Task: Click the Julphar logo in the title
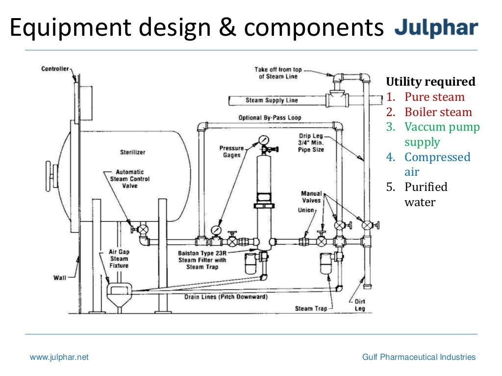pyautogui.click(x=436, y=28)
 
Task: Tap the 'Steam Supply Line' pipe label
pyautogui.click(x=272, y=100)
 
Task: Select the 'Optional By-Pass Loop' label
pyautogui.click(x=270, y=118)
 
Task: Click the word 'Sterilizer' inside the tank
pyautogui.click(x=133, y=152)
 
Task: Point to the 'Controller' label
pyautogui.click(x=55, y=69)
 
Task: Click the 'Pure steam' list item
pyautogui.click(x=434, y=97)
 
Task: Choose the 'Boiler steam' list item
pyautogui.click(x=438, y=112)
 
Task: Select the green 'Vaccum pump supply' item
pyautogui.click(x=442, y=135)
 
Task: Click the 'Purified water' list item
pyautogui.click(x=426, y=194)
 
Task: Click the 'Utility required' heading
pyautogui.click(x=430, y=82)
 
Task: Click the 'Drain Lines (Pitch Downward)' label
pyautogui.click(x=226, y=297)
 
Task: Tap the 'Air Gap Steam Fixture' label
pyautogui.click(x=119, y=258)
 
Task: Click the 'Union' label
pyautogui.click(x=306, y=210)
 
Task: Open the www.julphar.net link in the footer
pyautogui.click(x=59, y=357)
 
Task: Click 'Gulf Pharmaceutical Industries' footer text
pyautogui.click(x=419, y=357)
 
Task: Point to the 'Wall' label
pyautogui.click(x=59, y=278)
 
